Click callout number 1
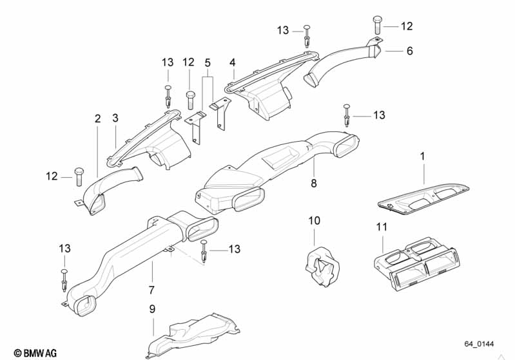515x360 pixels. click(423, 156)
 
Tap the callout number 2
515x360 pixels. click(97, 118)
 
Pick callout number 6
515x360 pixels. click(409, 51)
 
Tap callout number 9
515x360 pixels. click(153, 309)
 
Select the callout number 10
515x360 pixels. click(314, 221)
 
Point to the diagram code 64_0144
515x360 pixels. click(480, 345)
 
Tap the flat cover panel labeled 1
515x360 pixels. click(428, 196)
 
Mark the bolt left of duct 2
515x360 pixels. click(79, 176)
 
